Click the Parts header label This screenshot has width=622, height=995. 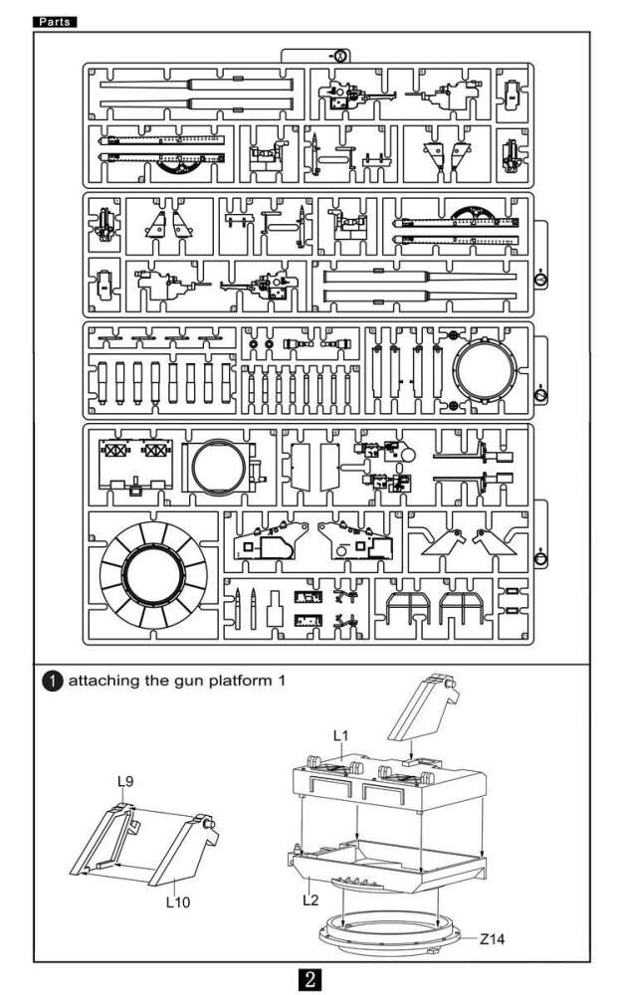[x=56, y=21]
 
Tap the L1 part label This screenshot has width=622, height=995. [x=339, y=734]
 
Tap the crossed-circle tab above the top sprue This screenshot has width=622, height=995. [x=337, y=56]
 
